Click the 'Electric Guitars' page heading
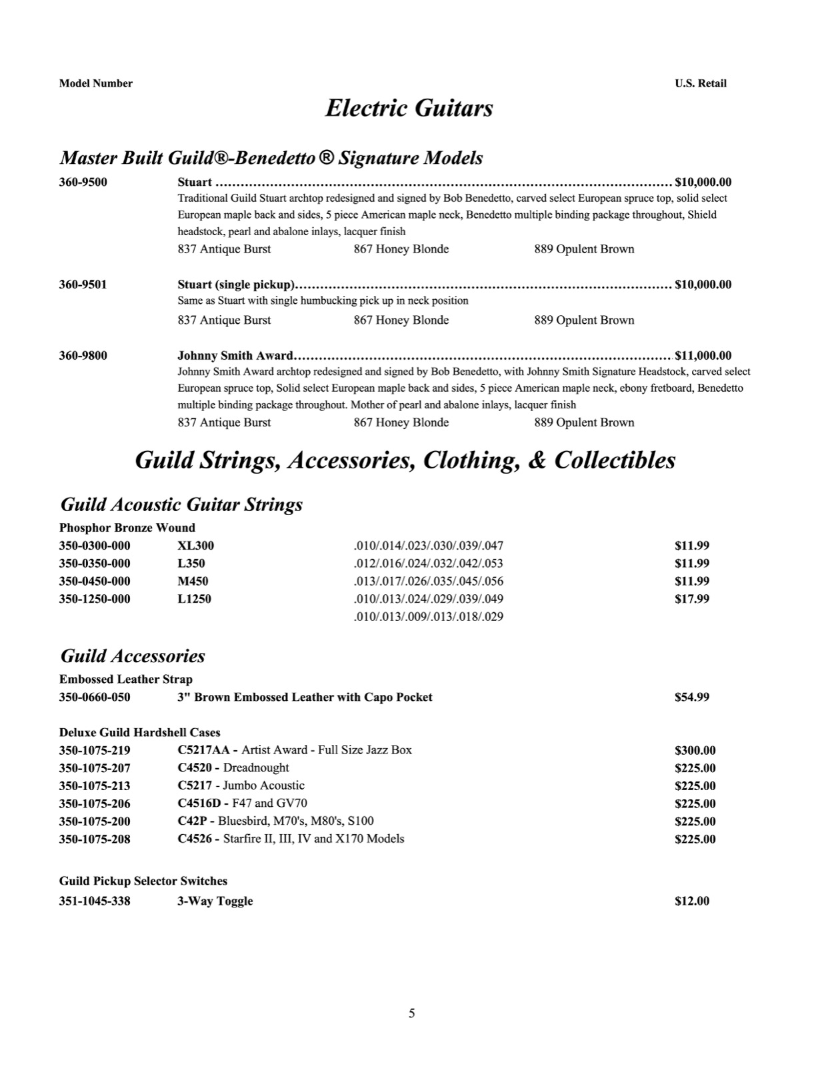[409, 108]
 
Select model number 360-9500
[83, 182]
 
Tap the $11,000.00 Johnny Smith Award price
[703, 355]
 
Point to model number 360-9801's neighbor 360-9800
[83, 355]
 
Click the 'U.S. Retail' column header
[700, 83]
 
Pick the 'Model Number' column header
[95, 83]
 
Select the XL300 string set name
[195, 546]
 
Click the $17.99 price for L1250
[691, 598]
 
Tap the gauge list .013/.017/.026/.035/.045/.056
[428, 581]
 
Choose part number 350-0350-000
[95, 563]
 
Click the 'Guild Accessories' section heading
[133, 656]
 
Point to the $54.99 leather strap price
[691, 697]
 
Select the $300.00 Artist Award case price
[695, 750]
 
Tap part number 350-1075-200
[95, 821]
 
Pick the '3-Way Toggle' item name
[215, 901]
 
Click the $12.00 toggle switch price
[691, 901]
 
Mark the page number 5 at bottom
[411, 1013]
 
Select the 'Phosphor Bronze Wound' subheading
[127, 528]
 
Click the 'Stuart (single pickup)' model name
[235, 284]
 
